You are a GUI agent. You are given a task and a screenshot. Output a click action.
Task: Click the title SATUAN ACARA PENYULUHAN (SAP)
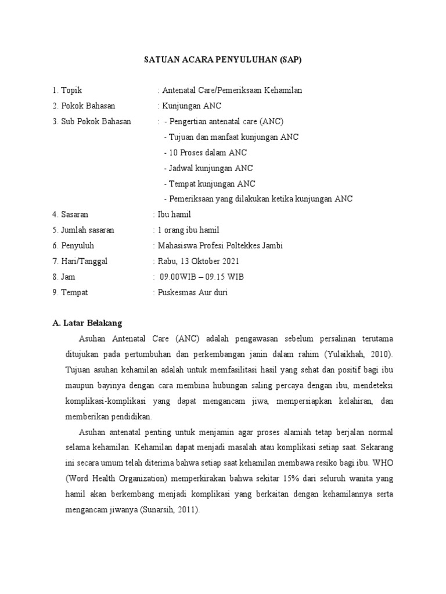(x=223, y=60)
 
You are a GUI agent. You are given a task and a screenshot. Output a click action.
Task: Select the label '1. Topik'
(x=67, y=90)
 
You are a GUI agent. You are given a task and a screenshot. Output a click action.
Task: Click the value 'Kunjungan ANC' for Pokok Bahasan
(x=192, y=106)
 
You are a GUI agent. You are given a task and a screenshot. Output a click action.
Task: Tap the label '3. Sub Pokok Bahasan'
(x=92, y=121)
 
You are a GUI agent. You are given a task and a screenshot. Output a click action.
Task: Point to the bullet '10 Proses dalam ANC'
(x=207, y=153)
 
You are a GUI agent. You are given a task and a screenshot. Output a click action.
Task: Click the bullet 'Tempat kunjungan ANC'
(x=211, y=184)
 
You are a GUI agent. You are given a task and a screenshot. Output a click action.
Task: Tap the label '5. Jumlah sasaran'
(x=83, y=230)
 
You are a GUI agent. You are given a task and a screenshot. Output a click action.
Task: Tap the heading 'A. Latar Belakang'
(x=87, y=323)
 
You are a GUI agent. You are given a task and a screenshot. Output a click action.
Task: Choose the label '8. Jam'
(x=64, y=277)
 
